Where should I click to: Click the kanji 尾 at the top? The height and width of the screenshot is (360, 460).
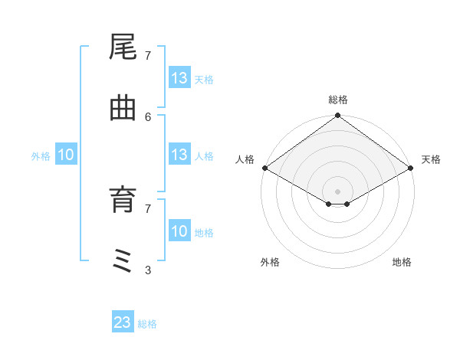(x=123, y=48)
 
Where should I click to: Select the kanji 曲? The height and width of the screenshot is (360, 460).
(x=123, y=110)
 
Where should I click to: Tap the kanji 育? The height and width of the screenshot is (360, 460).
(x=123, y=201)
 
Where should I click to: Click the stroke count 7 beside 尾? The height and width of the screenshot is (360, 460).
(x=148, y=55)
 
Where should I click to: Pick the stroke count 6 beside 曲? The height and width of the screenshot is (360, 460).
(x=148, y=116)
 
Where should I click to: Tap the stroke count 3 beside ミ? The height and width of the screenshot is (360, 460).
(x=148, y=270)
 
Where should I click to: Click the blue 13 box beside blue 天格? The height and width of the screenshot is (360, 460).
(x=179, y=78)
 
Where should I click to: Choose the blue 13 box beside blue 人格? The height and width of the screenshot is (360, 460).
(x=179, y=155)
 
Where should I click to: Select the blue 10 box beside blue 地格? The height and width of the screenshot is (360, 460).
(x=179, y=231)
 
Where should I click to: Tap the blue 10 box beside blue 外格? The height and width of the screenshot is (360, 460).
(x=66, y=155)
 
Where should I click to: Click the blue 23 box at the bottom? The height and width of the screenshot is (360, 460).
(x=123, y=322)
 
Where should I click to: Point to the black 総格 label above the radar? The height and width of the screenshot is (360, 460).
(x=338, y=100)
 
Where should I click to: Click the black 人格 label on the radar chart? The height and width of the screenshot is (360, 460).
(x=245, y=159)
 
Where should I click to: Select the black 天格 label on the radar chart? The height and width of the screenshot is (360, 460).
(x=432, y=159)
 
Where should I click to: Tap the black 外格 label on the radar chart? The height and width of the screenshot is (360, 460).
(x=270, y=262)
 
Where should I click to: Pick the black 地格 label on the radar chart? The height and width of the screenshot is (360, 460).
(x=402, y=262)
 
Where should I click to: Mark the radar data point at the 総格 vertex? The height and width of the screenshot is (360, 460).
(x=338, y=116)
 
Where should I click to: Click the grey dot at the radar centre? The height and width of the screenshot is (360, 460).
(x=338, y=191)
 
